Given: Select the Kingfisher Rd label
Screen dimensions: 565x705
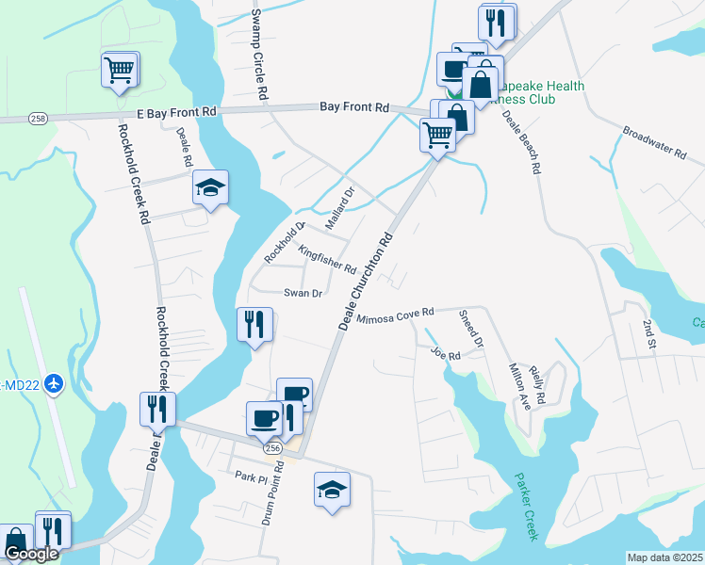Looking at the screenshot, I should point(326,259).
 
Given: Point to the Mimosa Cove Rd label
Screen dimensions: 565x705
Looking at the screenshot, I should point(394,316).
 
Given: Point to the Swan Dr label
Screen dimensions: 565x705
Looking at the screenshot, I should point(303,293).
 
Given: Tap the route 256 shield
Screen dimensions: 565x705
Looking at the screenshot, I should point(272,450).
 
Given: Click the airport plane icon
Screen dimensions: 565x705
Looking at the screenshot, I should point(53,383).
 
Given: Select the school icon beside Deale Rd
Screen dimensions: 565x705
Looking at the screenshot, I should point(210,188).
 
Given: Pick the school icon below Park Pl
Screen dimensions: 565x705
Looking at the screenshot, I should point(331,490).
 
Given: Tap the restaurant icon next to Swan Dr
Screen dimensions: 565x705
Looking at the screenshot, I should point(254,325).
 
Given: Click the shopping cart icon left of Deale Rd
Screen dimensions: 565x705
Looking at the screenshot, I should point(120,70).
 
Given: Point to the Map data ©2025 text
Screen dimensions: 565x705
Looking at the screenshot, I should point(664,557).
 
